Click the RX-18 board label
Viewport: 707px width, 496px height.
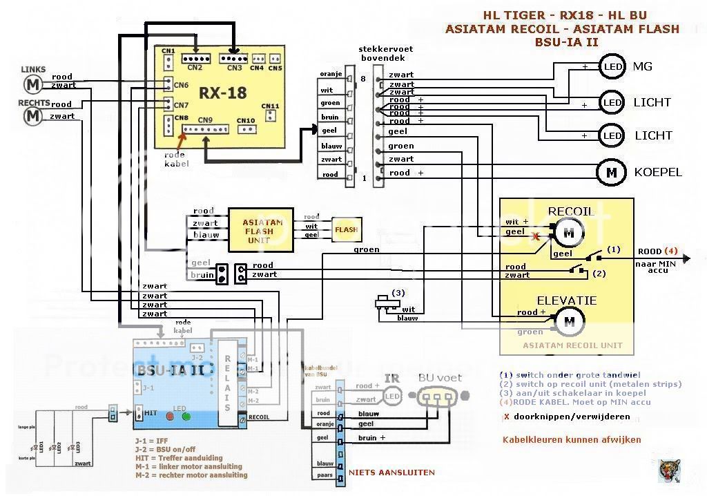pos(223,93)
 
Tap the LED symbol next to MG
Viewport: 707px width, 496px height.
pos(612,67)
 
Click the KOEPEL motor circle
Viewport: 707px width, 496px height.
pos(611,173)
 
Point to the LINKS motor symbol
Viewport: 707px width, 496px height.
pos(32,84)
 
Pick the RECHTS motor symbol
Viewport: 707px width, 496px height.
pos(32,115)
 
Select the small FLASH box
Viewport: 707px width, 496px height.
pos(346,229)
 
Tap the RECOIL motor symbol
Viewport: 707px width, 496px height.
pos(569,233)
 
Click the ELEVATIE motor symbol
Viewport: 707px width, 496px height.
pos(570,321)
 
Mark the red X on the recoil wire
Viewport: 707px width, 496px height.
pos(535,237)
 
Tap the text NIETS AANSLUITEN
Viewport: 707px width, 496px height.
pos(392,473)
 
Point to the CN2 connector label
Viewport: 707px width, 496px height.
pos(195,68)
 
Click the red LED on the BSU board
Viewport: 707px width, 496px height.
pos(170,417)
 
